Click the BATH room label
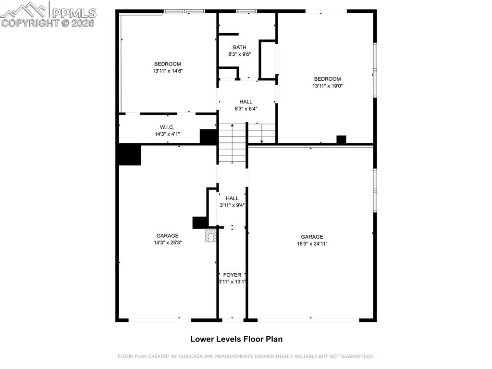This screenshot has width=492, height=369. coord(239,47)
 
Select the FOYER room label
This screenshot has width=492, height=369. coord(232,275)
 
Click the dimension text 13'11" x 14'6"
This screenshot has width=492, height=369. coord(168,71)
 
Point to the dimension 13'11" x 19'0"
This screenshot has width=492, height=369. coord(328,86)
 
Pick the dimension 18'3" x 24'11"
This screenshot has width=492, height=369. coord(312,243)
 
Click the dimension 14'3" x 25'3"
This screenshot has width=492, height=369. coord(167,242)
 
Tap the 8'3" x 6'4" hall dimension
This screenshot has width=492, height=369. coord(246,109)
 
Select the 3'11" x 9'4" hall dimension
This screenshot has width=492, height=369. coord(232,205)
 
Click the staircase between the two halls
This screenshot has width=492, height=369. coord(232,143)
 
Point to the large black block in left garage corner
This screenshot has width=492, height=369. coord(130,155)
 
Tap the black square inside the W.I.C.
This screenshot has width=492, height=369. coord(208,136)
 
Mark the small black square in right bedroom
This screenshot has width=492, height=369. coord(341,140)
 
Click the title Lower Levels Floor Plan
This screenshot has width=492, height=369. coord(236,339)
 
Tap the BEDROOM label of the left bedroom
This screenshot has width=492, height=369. coord(167,64)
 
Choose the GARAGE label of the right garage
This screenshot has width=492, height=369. coord(312,237)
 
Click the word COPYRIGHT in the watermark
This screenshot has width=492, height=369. coord(30,23)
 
